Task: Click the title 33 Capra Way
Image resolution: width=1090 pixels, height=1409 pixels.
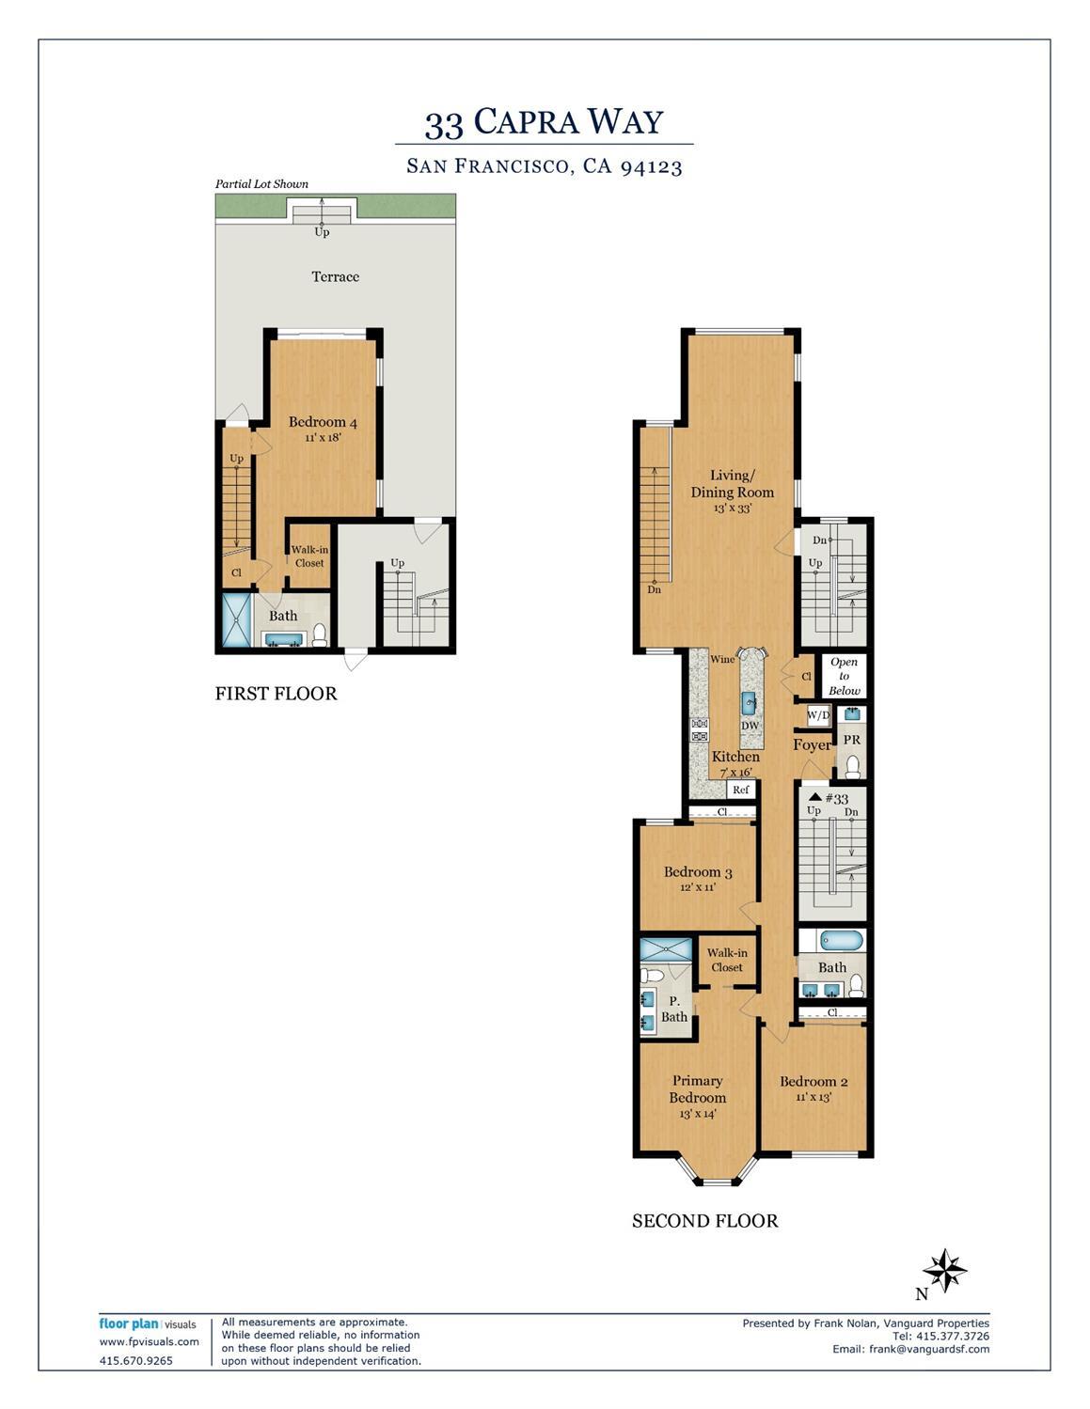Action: coord(544,122)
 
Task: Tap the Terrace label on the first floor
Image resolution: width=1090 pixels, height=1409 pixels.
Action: coord(335,276)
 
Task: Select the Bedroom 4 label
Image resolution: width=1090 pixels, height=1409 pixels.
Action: coord(323,422)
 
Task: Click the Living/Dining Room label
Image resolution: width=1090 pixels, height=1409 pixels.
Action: coord(732,484)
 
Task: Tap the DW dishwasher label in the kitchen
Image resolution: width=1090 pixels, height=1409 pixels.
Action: coord(750,726)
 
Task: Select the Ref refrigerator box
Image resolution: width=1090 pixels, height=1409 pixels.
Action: coord(741,790)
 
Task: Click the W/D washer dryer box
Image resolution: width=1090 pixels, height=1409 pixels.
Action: coord(818,716)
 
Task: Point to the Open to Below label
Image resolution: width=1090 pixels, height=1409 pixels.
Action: coord(844,676)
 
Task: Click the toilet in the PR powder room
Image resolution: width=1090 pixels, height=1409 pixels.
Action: coord(852,767)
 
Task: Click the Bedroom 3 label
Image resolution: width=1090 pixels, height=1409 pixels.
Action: coord(698,872)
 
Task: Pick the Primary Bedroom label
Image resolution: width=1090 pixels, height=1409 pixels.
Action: coord(698,1089)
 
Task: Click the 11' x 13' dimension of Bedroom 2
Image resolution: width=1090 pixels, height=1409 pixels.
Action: coord(814,1097)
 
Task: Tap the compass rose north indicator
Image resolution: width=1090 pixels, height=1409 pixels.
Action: coord(944,1271)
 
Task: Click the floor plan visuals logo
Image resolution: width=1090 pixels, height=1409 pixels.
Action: coord(148,1324)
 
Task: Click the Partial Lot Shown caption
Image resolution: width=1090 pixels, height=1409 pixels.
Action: coord(261,184)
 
